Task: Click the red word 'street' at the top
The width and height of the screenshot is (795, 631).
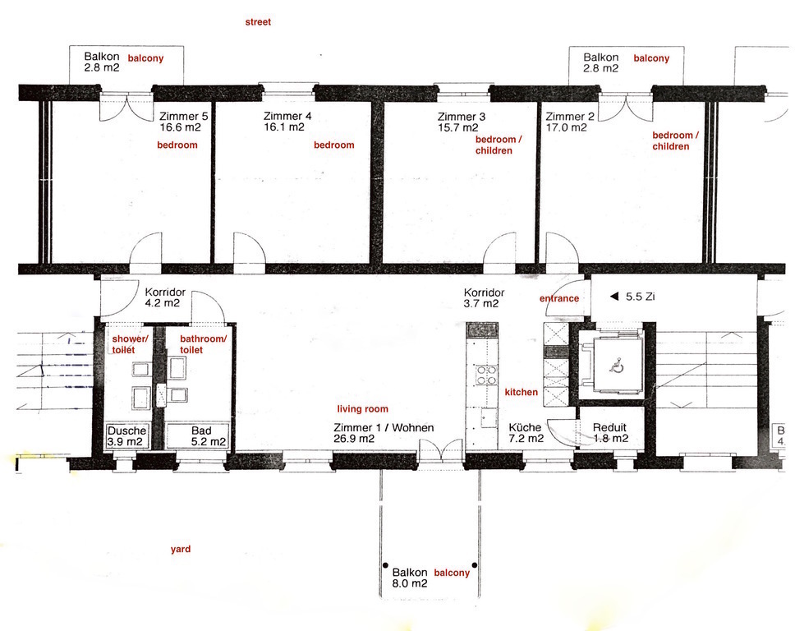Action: (258, 22)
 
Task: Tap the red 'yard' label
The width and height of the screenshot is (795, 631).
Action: (181, 549)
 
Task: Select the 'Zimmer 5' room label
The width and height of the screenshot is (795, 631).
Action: (183, 116)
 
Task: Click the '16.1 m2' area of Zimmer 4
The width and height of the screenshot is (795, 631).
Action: (284, 127)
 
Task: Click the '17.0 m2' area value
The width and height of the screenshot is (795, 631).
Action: (566, 127)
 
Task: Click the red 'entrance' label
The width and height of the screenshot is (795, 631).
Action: (558, 298)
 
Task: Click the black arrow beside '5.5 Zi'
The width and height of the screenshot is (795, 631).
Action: (612, 295)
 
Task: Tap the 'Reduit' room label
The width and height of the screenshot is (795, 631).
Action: (610, 427)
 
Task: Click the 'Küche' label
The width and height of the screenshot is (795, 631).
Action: (524, 427)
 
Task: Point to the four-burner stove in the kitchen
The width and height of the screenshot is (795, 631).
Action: (485, 375)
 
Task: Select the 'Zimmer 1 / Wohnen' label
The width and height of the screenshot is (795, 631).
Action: (384, 427)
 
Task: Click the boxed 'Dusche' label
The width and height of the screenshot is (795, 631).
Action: (127, 431)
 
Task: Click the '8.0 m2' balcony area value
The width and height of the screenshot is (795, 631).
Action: (409, 583)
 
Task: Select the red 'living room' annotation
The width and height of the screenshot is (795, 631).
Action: (362, 409)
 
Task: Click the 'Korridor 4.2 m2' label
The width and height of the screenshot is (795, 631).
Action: (163, 297)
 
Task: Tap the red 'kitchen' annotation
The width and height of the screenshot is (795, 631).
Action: (521, 392)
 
